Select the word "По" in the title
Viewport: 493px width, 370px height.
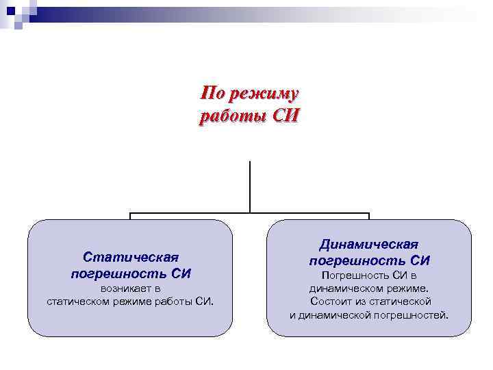click(213, 93)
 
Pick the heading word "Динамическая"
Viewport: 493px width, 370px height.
click(369, 244)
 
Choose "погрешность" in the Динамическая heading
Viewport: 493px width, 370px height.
click(357, 260)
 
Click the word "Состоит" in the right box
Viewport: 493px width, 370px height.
click(333, 301)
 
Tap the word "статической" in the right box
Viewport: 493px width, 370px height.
click(402, 301)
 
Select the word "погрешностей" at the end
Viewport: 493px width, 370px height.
click(415, 314)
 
